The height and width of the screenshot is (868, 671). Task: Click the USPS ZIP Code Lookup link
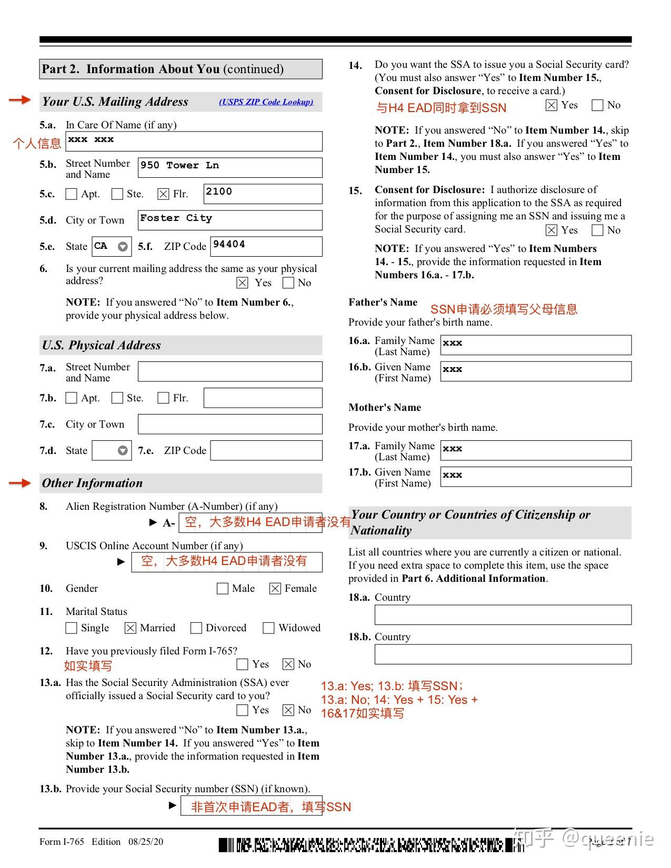coord(266,102)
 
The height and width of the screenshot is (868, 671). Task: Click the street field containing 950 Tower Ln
coord(230,168)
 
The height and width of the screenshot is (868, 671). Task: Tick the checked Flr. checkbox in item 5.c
coord(163,194)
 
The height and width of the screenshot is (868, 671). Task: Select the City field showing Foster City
coord(230,220)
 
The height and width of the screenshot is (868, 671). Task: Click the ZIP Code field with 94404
coord(266,246)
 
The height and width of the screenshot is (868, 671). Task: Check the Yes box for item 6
coord(242,283)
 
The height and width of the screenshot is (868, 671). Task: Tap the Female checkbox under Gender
coord(275,589)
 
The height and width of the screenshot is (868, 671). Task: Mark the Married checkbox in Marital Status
coord(131,628)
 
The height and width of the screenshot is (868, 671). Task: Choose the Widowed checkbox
coord(268,628)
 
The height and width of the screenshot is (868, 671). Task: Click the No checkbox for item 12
coord(288,664)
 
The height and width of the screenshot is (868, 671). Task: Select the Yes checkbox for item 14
coord(551,105)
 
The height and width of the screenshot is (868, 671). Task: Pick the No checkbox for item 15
coord(597,230)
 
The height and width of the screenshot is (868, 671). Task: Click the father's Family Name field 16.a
coord(536,345)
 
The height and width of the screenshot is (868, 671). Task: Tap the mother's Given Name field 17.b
coord(536,477)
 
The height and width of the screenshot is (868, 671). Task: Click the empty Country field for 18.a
coord(503,615)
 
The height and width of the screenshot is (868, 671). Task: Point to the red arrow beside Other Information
coord(20,483)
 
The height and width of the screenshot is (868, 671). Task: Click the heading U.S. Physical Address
coord(102,345)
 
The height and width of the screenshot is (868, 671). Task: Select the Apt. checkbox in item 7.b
coord(71,398)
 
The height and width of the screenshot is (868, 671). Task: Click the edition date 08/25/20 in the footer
coord(146,842)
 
